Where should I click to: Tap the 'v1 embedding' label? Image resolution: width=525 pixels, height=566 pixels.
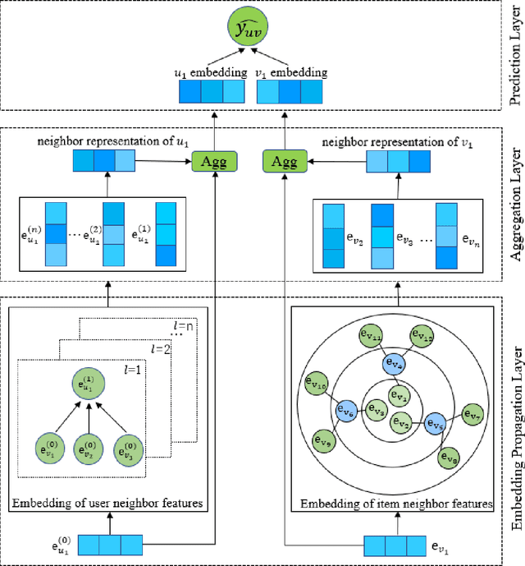(x=292, y=72)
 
